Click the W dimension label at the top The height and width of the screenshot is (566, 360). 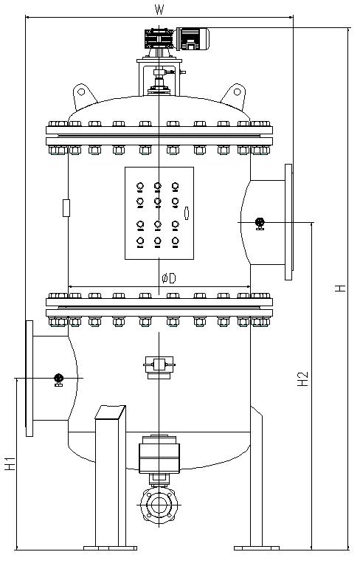tap(159, 10)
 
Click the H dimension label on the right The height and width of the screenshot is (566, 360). tap(340, 288)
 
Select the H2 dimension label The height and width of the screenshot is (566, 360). tap(303, 379)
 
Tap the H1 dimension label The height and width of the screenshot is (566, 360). tap(10, 463)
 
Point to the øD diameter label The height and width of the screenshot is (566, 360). tap(169, 278)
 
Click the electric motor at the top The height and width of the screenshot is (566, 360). tap(193, 38)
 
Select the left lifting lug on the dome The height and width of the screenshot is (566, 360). tap(84, 97)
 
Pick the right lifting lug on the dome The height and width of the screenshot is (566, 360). tap(234, 97)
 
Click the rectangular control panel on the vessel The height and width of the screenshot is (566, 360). tap(159, 213)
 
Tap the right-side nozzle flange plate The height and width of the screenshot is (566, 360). tap(288, 222)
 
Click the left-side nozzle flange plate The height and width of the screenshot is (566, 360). tap(30, 379)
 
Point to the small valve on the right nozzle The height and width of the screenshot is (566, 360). tap(260, 224)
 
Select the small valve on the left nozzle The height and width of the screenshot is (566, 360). tap(58, 380)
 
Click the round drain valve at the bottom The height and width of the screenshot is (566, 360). tap(159, 505)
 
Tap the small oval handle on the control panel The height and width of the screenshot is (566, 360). tap(187, 213)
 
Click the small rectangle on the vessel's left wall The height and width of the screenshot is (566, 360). tap(66, 208)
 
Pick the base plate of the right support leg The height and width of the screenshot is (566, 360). tap(257, 548)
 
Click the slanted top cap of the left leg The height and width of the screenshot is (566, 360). tap(110, 413)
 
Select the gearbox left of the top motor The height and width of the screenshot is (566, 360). tap(159, 38)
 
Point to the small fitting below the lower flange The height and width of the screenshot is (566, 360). tap(159, 367)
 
